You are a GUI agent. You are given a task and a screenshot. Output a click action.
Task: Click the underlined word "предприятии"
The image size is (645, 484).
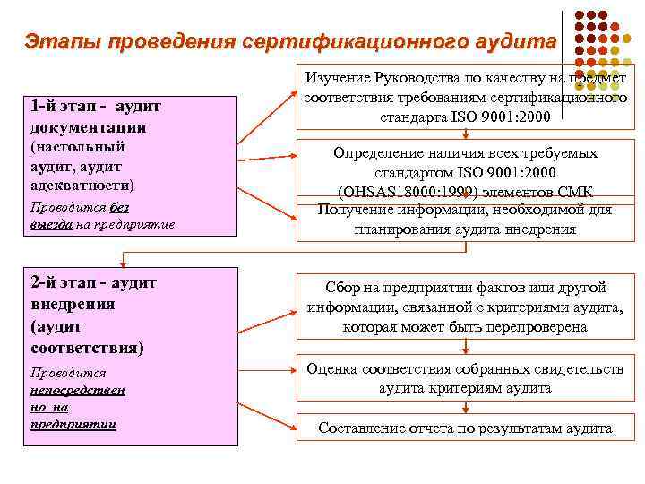(x=73, y=423)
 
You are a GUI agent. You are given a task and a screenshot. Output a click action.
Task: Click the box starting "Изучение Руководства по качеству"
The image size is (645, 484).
(x=465, y=97)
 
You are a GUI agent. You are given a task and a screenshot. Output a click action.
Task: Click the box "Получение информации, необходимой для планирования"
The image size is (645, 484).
(x=465, y=219)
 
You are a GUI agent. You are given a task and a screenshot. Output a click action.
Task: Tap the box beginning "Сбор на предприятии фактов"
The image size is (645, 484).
(x=465, y=307)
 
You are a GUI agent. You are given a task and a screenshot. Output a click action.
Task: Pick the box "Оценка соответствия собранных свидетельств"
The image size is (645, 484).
(x=465, y=377)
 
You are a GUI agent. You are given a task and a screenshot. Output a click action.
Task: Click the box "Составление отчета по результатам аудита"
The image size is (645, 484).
(x=465, y=428)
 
